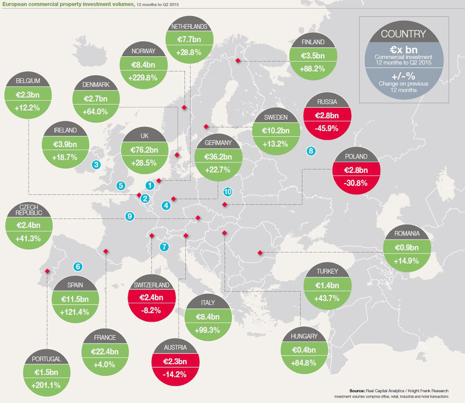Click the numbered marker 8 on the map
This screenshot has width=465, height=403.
(310, 151)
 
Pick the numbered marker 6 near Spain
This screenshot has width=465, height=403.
(77, 266)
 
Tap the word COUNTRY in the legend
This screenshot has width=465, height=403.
(403, 34)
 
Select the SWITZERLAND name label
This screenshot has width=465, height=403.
(152, 285)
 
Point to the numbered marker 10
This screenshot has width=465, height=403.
(227, 192)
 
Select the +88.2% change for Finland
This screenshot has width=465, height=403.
(312, 69)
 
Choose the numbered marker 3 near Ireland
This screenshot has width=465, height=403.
(96, 165)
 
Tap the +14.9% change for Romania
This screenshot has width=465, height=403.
(407, 261)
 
